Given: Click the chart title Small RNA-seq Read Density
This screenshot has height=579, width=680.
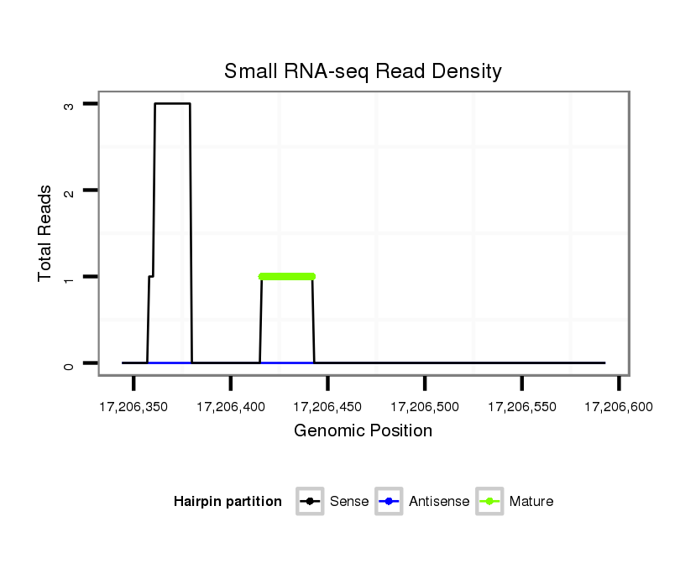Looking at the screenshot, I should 363,71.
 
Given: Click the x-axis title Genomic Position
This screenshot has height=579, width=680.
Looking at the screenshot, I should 363,431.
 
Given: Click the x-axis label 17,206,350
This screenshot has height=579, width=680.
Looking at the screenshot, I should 133,408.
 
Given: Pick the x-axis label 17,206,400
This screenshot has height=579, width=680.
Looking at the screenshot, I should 231,408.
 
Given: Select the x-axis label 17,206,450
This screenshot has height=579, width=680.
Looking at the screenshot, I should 327,408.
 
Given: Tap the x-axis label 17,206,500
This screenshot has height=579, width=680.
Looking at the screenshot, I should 425,408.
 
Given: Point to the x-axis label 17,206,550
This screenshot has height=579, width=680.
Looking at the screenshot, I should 522,408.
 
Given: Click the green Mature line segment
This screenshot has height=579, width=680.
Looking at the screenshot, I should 287,276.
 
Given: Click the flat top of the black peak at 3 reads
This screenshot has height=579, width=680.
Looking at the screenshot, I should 173,104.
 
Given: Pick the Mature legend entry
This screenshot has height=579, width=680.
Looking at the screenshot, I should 515,502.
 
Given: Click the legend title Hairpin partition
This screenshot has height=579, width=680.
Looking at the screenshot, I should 228,502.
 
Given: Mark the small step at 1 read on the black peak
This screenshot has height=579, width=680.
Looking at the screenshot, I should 151,276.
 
